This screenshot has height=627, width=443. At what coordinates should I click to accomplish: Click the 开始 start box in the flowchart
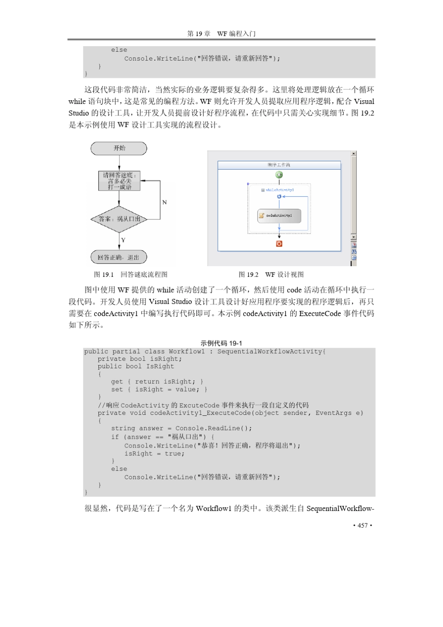pos(119,148)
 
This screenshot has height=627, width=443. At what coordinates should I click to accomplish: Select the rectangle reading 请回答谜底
pos(119,181)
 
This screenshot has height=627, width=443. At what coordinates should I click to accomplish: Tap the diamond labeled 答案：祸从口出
pos(119,219)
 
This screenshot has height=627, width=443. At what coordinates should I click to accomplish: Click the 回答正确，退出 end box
pos(118,257)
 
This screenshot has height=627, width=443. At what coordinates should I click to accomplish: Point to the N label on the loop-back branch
pos(164,202)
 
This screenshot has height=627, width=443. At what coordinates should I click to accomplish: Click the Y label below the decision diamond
pos(123,241)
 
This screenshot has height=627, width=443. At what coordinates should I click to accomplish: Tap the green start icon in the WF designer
pos(279,175)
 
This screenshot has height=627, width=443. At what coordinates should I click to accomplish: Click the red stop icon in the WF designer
pos(279,244)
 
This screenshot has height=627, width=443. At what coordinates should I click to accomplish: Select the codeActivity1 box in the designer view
pos(279,216)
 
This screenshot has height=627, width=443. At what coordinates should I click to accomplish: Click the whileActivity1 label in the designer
pos(279,190)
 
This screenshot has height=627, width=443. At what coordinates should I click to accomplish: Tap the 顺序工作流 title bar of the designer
pos(279,165)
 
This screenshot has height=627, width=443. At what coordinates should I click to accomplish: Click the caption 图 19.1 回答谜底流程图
pos(131,275)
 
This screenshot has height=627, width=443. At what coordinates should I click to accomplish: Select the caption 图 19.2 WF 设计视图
pos(271,275)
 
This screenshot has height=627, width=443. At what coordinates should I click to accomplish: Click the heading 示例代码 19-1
pos(221,343)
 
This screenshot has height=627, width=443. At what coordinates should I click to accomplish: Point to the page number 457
pos(363,525)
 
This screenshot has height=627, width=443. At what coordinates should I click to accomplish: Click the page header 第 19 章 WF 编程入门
pos(221,34)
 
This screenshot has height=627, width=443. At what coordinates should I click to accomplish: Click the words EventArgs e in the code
pos(339,413)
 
